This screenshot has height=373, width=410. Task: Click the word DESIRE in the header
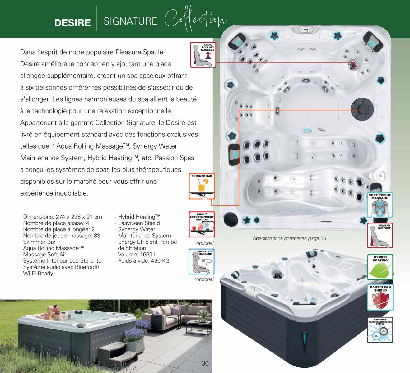72,23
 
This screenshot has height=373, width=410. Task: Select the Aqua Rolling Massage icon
203,55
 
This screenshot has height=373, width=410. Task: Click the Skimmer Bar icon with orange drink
202,186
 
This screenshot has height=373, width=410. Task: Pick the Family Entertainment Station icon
202,224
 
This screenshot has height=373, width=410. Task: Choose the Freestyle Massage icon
202,261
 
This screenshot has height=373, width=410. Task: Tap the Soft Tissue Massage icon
380,205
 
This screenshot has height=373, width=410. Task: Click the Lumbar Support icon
380,236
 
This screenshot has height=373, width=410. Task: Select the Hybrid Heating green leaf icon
380,267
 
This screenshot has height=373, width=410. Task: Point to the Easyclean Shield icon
380,297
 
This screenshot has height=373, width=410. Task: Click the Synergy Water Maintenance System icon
380,330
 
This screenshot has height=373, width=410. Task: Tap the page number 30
205,363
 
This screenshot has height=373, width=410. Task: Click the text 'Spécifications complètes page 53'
289,238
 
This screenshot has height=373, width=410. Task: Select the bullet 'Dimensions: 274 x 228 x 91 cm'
62,217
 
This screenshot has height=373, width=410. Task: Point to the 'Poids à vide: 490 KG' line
143,261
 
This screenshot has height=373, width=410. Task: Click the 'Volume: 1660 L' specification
137,254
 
